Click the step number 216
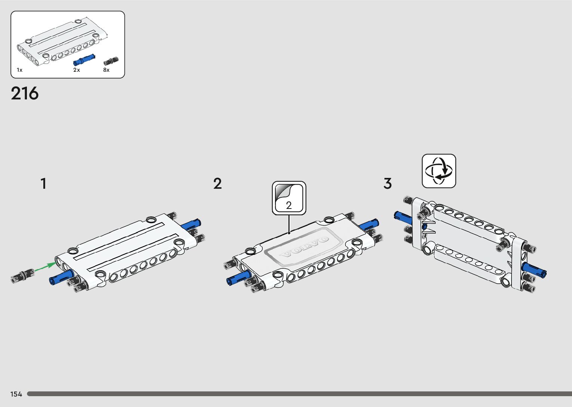click(x=25, y=93)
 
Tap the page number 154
click(x=16, y=394)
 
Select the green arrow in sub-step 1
click(x=45, y=267)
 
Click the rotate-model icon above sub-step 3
click(x=439, y=171)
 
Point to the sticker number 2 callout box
click(x=289, y=198)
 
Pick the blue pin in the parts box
click(x=84, y=60)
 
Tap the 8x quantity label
click(x=106, y=70)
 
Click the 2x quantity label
click(x=77, y=70)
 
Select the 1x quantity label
click(x=19, y=70)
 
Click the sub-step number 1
click(x=43, y=184)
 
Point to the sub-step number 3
click(x=387, y=184)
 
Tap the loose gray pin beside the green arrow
click(x=22, y=275)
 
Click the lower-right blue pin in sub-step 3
click(x=535, y=270)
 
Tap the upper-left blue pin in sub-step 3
click(x=402, y=216)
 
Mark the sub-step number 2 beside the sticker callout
click(x=217, y=184)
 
